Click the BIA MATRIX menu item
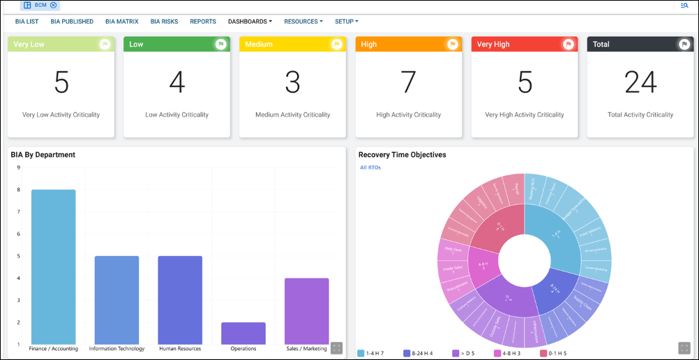pos(122,22)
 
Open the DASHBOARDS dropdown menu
pos(250,22)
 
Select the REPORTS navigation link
pos(203,22)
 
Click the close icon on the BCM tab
pos(54,5)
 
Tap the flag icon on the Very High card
pos(568,44)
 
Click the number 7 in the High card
pos(408,82)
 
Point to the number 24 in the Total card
pos(640,82)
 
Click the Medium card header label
pos(259,44)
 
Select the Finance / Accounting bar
pos(54,265)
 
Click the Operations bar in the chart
pos(243,333)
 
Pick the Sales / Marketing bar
pos(306,310)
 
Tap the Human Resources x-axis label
pos(180,349)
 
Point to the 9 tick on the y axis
pos(17,167)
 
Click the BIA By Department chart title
pos(43,155)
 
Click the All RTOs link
pos(370,167)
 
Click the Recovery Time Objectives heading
pos(402,155)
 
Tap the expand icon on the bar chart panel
pos(336,347)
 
